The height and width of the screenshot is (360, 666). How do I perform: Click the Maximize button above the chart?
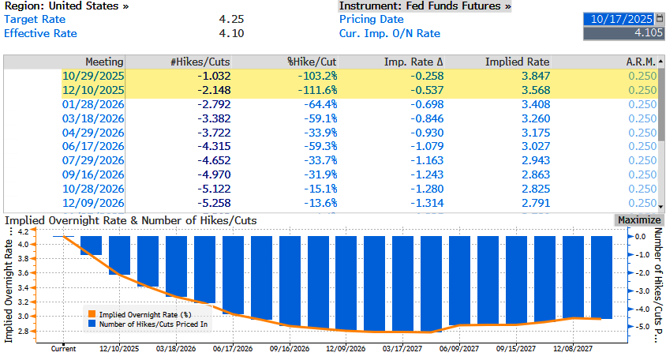[638, 219]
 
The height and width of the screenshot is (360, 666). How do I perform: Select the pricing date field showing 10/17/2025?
[619, 18]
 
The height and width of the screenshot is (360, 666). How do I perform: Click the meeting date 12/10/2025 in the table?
[93, 90]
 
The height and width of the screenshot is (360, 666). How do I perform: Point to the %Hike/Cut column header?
[312, 62]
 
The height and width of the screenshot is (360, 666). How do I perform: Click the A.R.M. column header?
[641, 62]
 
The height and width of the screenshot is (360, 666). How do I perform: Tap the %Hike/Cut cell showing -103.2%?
[319, 76]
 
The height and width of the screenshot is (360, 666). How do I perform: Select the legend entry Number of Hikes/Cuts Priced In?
[149, 323]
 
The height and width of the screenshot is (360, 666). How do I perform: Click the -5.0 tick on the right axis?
[641, 326]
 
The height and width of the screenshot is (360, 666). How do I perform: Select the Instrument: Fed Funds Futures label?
[425, 6]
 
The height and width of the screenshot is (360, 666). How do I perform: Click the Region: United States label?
[66, 6]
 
